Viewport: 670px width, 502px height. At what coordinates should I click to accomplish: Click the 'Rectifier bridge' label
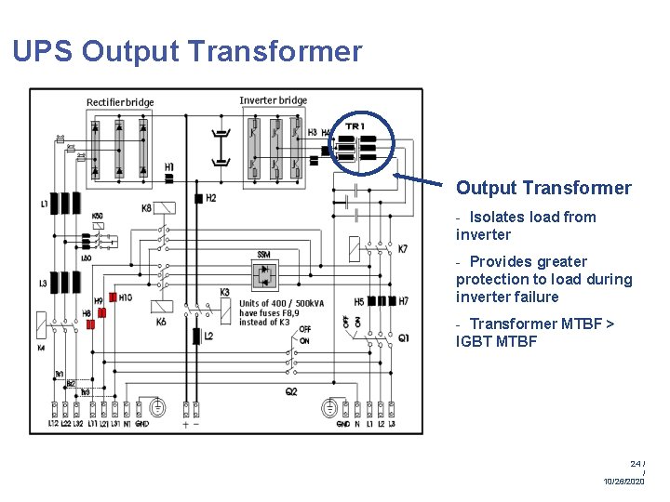coord(120,102)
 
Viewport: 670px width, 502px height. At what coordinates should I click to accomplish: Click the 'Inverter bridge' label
coord(273,100)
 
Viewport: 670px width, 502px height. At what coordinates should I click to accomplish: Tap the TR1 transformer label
coord(355,126)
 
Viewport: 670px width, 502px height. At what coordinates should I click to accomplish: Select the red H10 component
coord(112,297)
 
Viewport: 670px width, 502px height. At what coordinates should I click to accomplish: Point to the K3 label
coord(225,292)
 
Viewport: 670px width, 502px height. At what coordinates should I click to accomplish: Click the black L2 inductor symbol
coord(196,336)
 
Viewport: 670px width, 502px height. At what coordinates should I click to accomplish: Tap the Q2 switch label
coord(291,391)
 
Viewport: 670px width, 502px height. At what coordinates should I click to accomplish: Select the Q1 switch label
coord(403,337)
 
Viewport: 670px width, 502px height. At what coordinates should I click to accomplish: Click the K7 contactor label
coord(402,249)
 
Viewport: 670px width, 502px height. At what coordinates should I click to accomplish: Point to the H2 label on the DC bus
coord(211,198)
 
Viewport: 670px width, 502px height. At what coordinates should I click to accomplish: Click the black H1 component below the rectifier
coord(168,178)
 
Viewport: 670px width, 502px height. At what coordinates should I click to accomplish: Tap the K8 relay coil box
coord(166,208)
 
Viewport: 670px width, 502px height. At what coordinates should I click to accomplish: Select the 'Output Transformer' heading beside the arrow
coord(543,188)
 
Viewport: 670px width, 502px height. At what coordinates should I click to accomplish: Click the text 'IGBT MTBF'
coord(496,341)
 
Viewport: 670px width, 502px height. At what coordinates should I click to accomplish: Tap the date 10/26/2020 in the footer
coord(623,482)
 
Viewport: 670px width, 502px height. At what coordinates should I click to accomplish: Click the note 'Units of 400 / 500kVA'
coord(281,304)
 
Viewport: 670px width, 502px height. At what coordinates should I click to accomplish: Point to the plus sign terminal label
coord(184,424)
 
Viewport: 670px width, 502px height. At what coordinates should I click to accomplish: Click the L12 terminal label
coord(55,424)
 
